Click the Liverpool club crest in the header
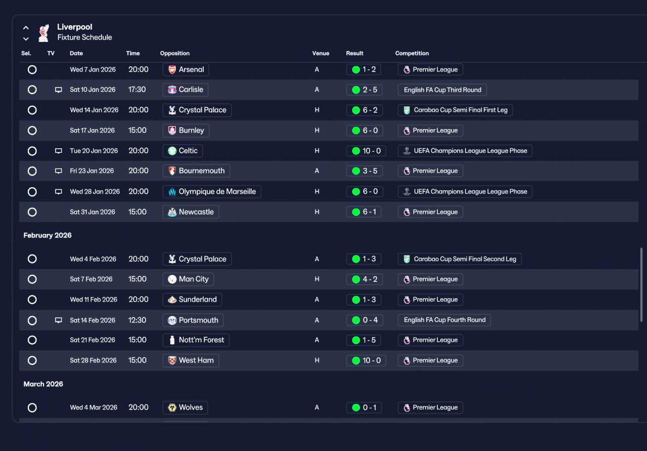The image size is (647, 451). click(x=44, y=33)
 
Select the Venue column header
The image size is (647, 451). click(x=320, y=53)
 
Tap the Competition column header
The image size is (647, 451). click(x=412, y=53)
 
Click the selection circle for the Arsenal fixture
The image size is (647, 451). click(x=32, y=70)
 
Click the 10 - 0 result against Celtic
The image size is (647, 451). click(x=366, y=151)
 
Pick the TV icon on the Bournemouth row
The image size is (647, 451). click(x=58, y=171)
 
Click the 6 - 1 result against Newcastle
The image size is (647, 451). click(x=363, y=212)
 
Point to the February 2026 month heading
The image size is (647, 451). click(x=48, y=235)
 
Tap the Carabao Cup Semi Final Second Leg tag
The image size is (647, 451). click(x=459, y=259)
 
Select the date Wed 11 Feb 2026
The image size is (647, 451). click(x=94, y=300)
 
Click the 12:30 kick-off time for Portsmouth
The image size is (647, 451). click(x=137, y=320)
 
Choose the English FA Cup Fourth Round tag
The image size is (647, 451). click(x=444, y=320)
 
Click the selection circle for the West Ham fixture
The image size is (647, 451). click(x=32, y=360)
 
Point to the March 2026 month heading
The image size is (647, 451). click(x=43, y=384)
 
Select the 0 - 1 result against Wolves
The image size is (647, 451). click(x=364, y=407)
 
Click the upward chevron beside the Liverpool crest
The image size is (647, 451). click(x=26, y=28)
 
